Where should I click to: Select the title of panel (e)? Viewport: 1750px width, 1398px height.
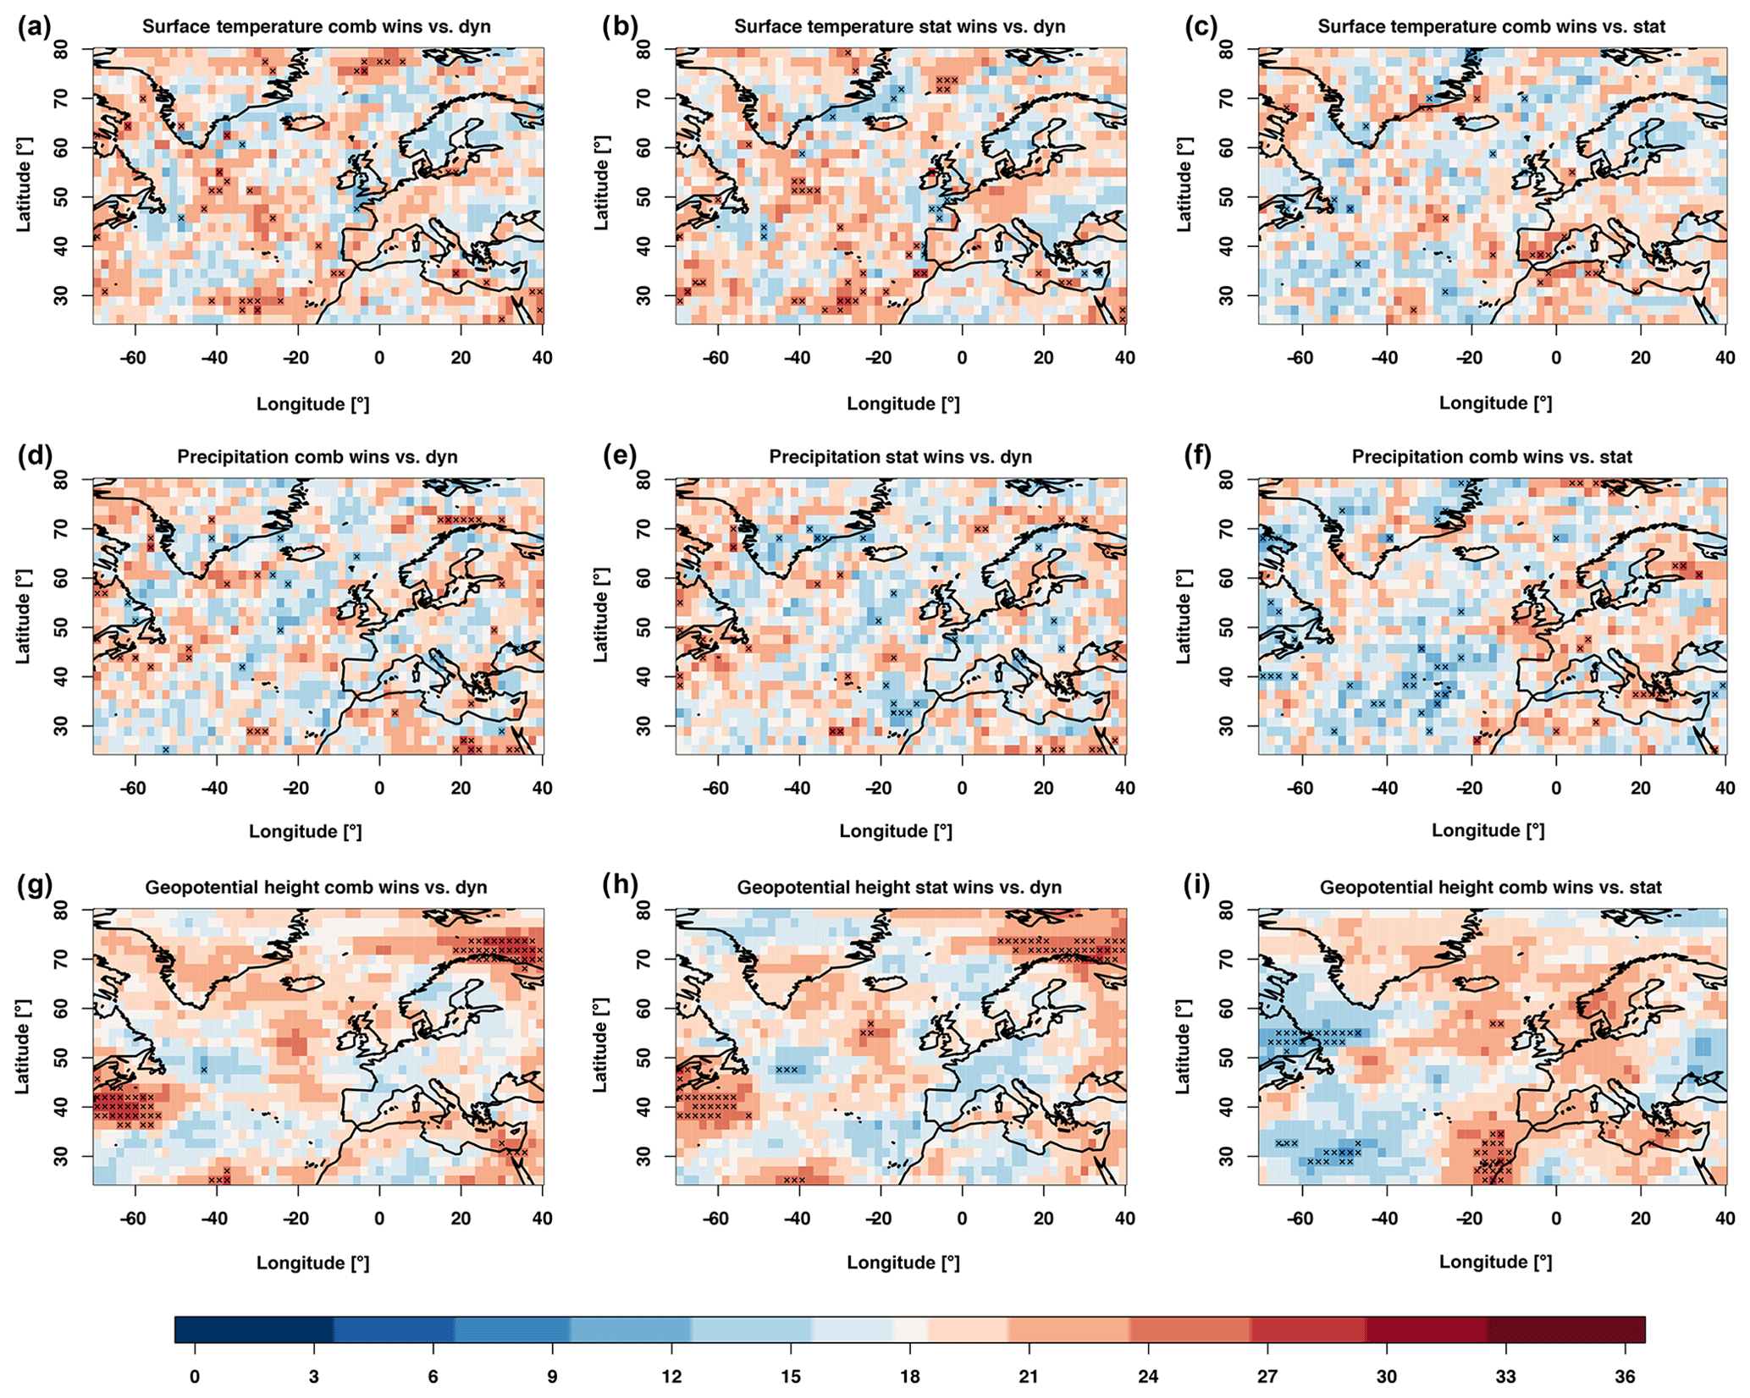coord(900,457)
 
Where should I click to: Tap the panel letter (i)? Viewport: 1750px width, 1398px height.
coord(1201,885)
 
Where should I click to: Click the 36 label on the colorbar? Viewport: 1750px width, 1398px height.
coord(1625,1377)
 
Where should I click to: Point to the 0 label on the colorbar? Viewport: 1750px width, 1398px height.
coord(195,1377)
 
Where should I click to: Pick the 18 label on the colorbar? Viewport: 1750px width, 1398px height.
coord(909,1377)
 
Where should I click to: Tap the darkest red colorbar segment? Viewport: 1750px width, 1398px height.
coord(1565,1329)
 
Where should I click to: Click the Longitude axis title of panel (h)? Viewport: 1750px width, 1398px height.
coord(903,1263)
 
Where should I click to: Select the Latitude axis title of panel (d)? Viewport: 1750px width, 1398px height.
coord(24,615)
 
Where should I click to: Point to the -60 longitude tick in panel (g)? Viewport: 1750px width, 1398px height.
coord(133,1219)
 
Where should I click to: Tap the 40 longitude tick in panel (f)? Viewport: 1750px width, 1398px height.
coord(1725,788)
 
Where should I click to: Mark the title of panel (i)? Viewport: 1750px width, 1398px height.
coord(1490,888)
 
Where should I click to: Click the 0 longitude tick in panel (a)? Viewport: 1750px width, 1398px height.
coord(378,357)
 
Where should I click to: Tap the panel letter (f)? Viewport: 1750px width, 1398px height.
coord(1201,455)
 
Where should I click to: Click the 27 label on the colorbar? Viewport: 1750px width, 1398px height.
coord(1267,1377)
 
